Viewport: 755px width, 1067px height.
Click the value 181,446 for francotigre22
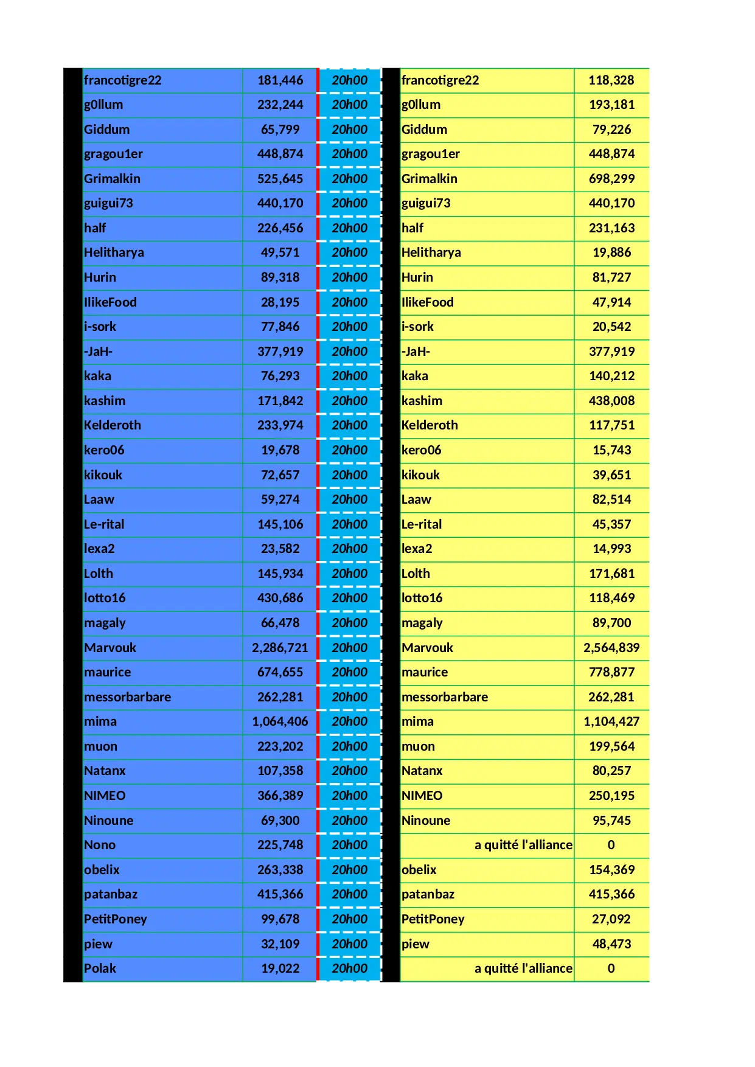click(280, 80)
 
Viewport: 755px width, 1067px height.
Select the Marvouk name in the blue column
click(110, 648)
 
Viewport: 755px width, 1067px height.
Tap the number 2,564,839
click(611, 648)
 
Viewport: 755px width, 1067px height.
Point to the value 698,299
click(611, 179)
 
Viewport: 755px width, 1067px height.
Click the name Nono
click(100, 845)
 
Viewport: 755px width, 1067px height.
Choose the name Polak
click(100, 968)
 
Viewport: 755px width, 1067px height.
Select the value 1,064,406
click(280, 721)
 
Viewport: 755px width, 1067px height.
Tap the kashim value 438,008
click(611, 401)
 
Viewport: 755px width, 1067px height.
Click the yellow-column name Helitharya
click(431, 252)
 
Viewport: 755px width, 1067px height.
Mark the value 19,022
click(280, 968)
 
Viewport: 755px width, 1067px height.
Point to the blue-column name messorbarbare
click(127, 697)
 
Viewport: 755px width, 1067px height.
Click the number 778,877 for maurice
click(611, 672)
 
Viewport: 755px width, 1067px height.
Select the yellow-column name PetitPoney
click(433, 919)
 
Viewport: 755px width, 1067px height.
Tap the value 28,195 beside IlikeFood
click(280, 302)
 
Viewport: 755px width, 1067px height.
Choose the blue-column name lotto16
click(105, 598)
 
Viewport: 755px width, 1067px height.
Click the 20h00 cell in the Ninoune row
click(349, 821)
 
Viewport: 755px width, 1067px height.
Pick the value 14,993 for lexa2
click(611, 549)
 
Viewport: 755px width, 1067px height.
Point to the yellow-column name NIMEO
click(422, 796)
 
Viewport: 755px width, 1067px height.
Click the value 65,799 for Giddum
click(280, 130)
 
